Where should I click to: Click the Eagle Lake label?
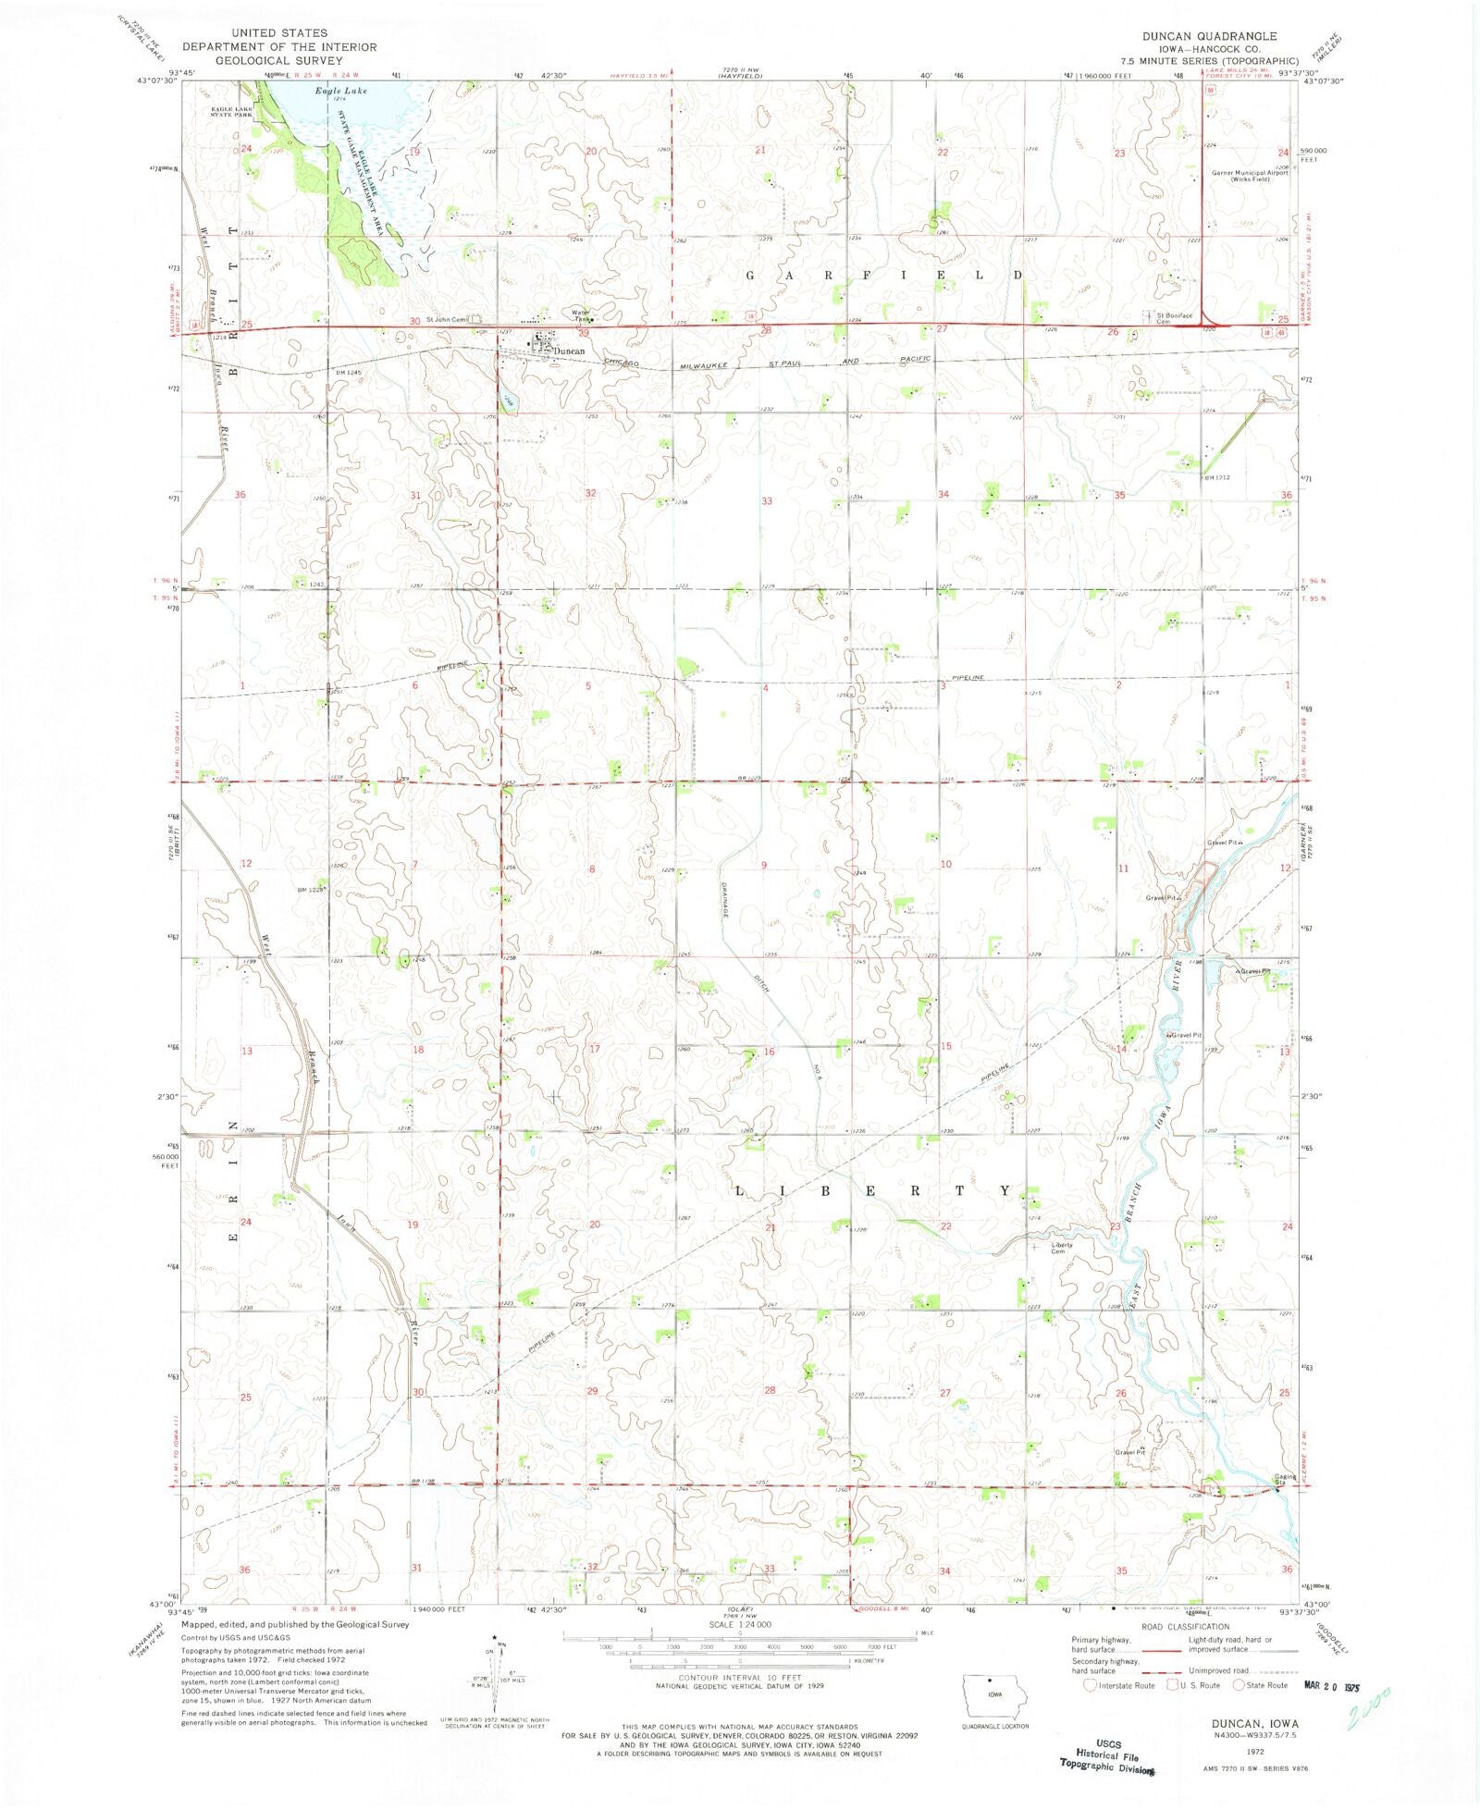pos(340,91)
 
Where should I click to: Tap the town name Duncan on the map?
pos(569,351)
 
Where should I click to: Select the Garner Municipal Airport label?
pos(1250,175)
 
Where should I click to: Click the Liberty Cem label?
pos(1062,1247)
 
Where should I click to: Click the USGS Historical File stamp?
pos(1107,1755)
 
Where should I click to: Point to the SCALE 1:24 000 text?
pos(739,1624)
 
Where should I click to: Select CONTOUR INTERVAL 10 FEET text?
pos(738,1677)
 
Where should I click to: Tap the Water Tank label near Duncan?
pos(581,314)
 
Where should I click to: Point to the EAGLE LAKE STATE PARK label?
pos(231,112)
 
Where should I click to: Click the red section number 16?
pos(769,1052)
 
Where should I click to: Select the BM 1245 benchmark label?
pos(323,372)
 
